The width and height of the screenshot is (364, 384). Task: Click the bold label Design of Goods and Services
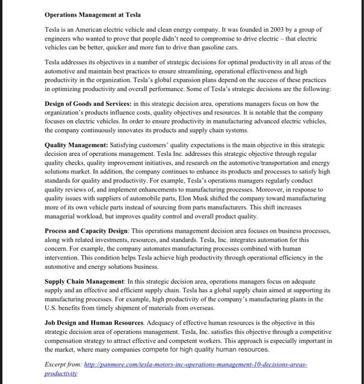click(x=91, y=103)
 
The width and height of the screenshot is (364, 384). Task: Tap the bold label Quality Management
click(x=76, y=145)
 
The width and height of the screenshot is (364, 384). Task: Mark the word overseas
click(x=197, y=309)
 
